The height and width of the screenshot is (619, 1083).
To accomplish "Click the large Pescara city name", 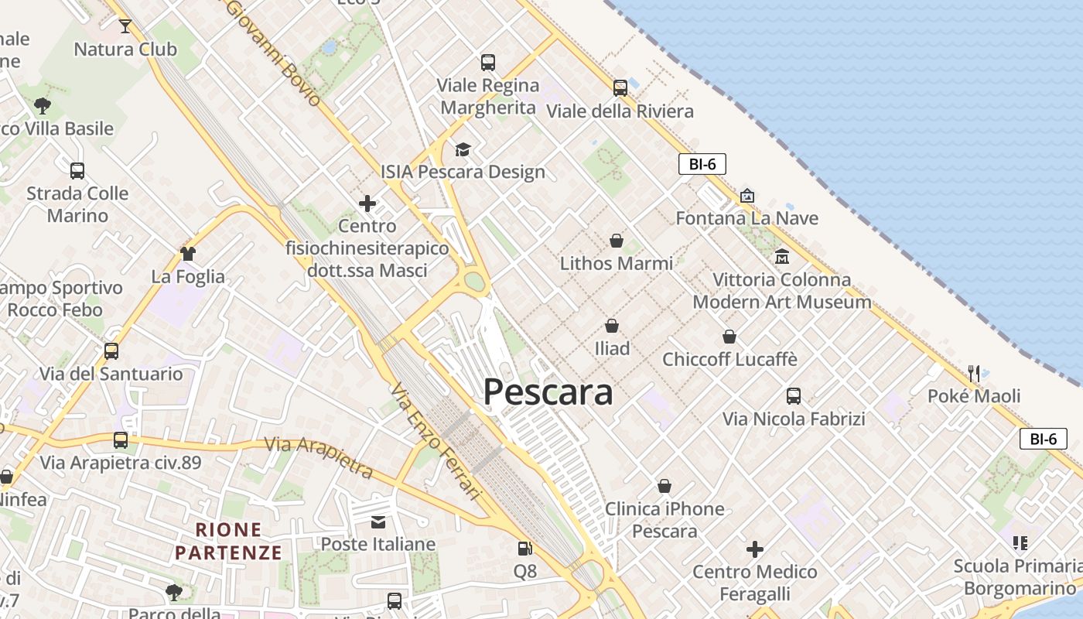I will [548, 392].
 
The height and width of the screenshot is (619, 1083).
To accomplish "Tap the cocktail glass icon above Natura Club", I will [125, 26].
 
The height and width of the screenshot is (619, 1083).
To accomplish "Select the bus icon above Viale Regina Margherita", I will [487, 63].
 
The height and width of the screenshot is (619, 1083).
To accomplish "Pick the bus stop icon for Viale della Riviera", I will [620, 88].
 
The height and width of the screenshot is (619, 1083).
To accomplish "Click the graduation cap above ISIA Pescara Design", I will [463, 149].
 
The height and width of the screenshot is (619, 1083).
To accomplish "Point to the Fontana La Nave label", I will [746, 218].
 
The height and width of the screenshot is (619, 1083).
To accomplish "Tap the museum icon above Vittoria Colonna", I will [781, 256].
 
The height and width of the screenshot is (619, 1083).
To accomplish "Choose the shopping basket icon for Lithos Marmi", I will [617, 241].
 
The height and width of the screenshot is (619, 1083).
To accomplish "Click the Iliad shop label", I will [612, 348].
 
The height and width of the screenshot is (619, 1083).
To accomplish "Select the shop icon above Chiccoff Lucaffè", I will [729, 337].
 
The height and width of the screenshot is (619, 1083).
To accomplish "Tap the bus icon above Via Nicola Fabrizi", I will [794, 396].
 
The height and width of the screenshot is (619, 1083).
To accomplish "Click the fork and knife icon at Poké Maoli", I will [974, 374].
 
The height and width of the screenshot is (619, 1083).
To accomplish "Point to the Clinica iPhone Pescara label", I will [664, 520].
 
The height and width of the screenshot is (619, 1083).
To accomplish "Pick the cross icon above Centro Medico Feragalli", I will [755, 549].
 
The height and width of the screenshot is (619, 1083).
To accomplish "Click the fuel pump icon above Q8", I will [524, 549].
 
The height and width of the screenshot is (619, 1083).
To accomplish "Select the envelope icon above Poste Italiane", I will [378, 522].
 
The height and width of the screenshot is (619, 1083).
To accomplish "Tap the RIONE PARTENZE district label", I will [228, 541].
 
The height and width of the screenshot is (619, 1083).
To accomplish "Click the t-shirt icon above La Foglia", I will [188, 253].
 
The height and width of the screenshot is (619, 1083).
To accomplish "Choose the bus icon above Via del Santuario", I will [111, 351].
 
